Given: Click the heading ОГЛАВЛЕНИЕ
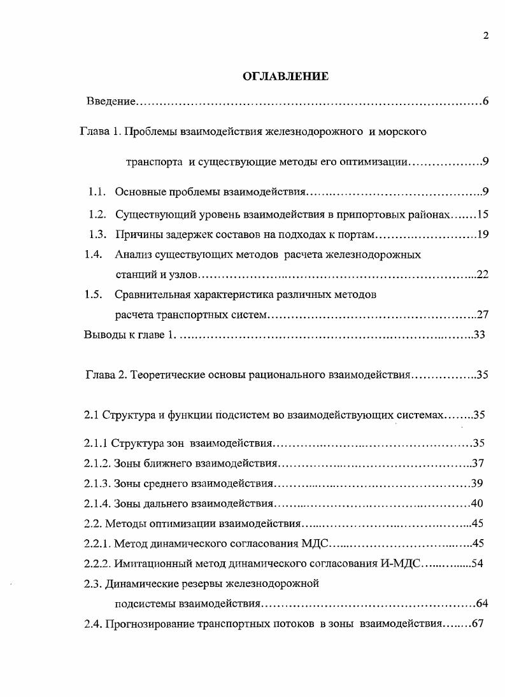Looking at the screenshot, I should [285, 77].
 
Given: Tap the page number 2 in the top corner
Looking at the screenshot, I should [485, 36].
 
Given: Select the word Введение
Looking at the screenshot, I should [111, 102].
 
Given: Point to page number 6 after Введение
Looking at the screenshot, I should [485, 102].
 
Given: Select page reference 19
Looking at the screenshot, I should [482, 234].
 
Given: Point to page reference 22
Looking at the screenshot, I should [482, 275].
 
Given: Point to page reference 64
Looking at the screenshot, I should [481, 603].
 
